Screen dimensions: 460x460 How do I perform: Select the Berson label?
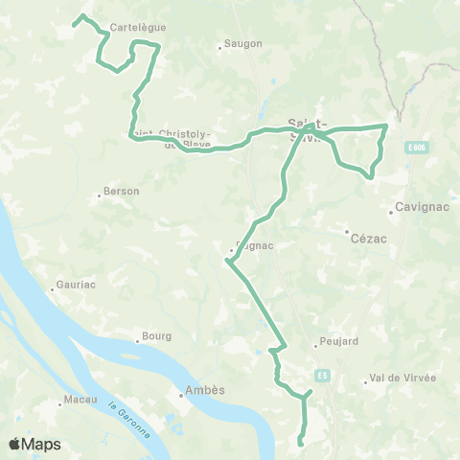coord(122,192)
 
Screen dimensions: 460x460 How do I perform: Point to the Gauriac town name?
coord(77,286)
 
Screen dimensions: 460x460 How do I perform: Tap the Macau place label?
coord(81,399)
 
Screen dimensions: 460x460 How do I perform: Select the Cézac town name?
coord(368,239)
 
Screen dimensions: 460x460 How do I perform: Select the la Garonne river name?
coord(129,420)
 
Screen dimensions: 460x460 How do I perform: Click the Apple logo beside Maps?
coord(15,444)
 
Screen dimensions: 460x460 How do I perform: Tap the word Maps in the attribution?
coord(42,444)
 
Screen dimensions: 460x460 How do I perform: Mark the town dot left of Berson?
coord(100,195)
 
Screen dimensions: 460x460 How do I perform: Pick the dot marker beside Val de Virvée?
coord(365,382)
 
